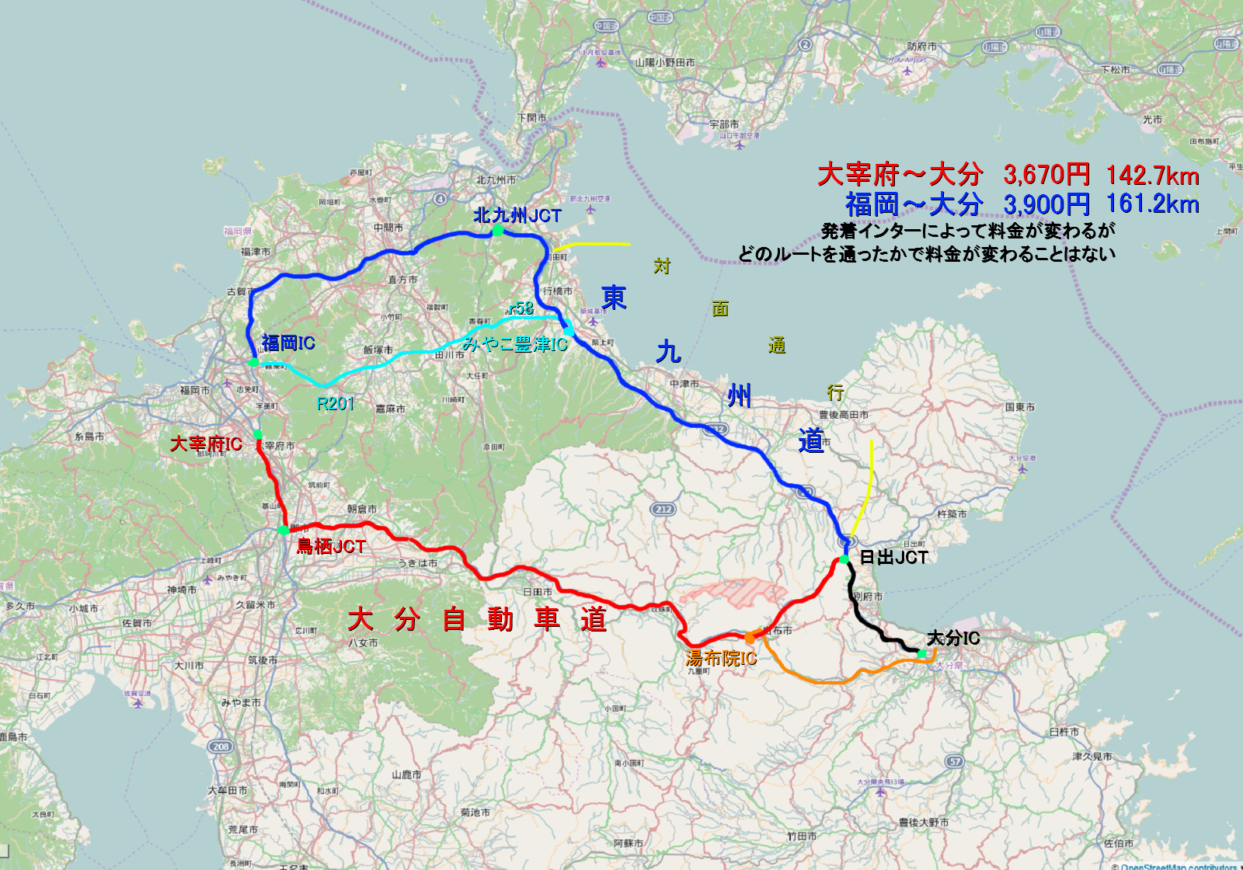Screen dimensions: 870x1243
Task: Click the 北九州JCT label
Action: tap(517, 215)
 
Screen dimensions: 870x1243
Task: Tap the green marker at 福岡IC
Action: tap(253, 362)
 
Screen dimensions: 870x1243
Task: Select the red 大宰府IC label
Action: tap(206, 444)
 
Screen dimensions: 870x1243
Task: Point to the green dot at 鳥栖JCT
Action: tap(284, 530)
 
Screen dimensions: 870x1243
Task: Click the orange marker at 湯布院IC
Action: tap(750, 638)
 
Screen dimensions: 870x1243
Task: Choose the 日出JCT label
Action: tap(893, 557)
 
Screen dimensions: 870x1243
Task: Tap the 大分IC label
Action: tap(953, 639)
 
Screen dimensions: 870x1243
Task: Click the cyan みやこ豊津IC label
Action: tap(515, 343)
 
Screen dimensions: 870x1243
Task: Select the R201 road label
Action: tap(336, 403)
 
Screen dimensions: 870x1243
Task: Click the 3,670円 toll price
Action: tap(1046, 175)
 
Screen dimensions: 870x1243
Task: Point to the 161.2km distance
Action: tap(1153, 204)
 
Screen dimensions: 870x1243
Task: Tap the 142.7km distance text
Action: tap(1153, 175)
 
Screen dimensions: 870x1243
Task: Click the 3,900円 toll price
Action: tap(1046, 204)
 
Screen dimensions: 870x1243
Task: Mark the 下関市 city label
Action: tap(531, 118)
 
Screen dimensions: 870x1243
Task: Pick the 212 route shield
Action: tap(663, 510)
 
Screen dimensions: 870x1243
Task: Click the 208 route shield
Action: tap(221, 746)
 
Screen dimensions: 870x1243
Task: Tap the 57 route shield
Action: tap(955, 761)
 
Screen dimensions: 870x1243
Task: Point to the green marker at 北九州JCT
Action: tap(498, 231)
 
